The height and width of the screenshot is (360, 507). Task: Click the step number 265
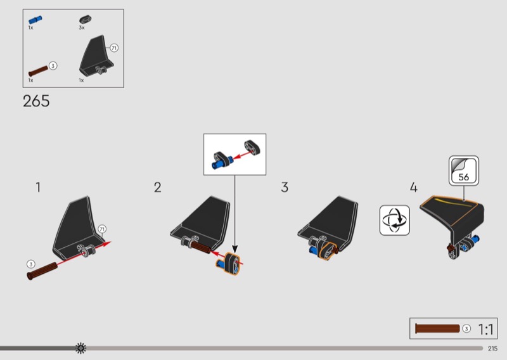pos(36,101)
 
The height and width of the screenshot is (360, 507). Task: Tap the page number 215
pos(493,349)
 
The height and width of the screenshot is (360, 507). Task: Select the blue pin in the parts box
pos(35,20)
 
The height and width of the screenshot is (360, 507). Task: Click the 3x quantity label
pos(82,28)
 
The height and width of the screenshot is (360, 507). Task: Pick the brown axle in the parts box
pos(38,71)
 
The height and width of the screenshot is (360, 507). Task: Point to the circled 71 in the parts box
pos(114,48)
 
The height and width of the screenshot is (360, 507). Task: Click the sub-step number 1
pos(38,187)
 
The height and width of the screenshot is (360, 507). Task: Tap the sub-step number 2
pos(157,187)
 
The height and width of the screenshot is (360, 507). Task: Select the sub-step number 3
pos(285,187)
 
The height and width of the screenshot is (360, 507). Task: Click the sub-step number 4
pos(414,187)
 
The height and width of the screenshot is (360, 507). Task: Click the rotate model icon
pos(394,220)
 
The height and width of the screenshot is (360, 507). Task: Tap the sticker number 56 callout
pos(464,170)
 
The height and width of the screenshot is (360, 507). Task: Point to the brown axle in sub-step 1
pos(42,271)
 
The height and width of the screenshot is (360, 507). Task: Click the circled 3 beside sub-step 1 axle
pos(30,264)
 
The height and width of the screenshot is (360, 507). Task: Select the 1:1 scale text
pos(485,330)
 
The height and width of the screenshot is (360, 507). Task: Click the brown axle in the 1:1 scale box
pos(437,328)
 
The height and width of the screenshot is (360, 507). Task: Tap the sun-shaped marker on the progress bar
pos(80,348)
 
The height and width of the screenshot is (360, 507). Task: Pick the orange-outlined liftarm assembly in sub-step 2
pos(228,264)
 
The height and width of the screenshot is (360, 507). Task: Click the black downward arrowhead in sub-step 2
pos(235,249)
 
